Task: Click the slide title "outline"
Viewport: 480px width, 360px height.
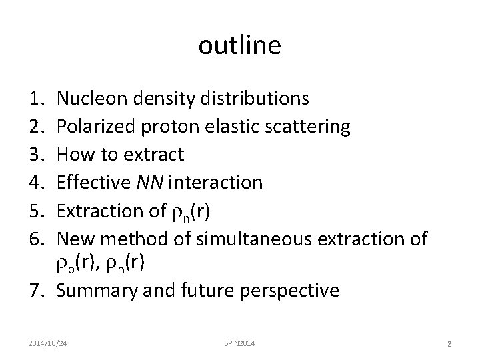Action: click(x=240, y=45)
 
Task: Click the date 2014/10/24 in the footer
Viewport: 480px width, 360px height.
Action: click(x=51, y=343)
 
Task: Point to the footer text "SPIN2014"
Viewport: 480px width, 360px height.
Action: click(x=239, y=343)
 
